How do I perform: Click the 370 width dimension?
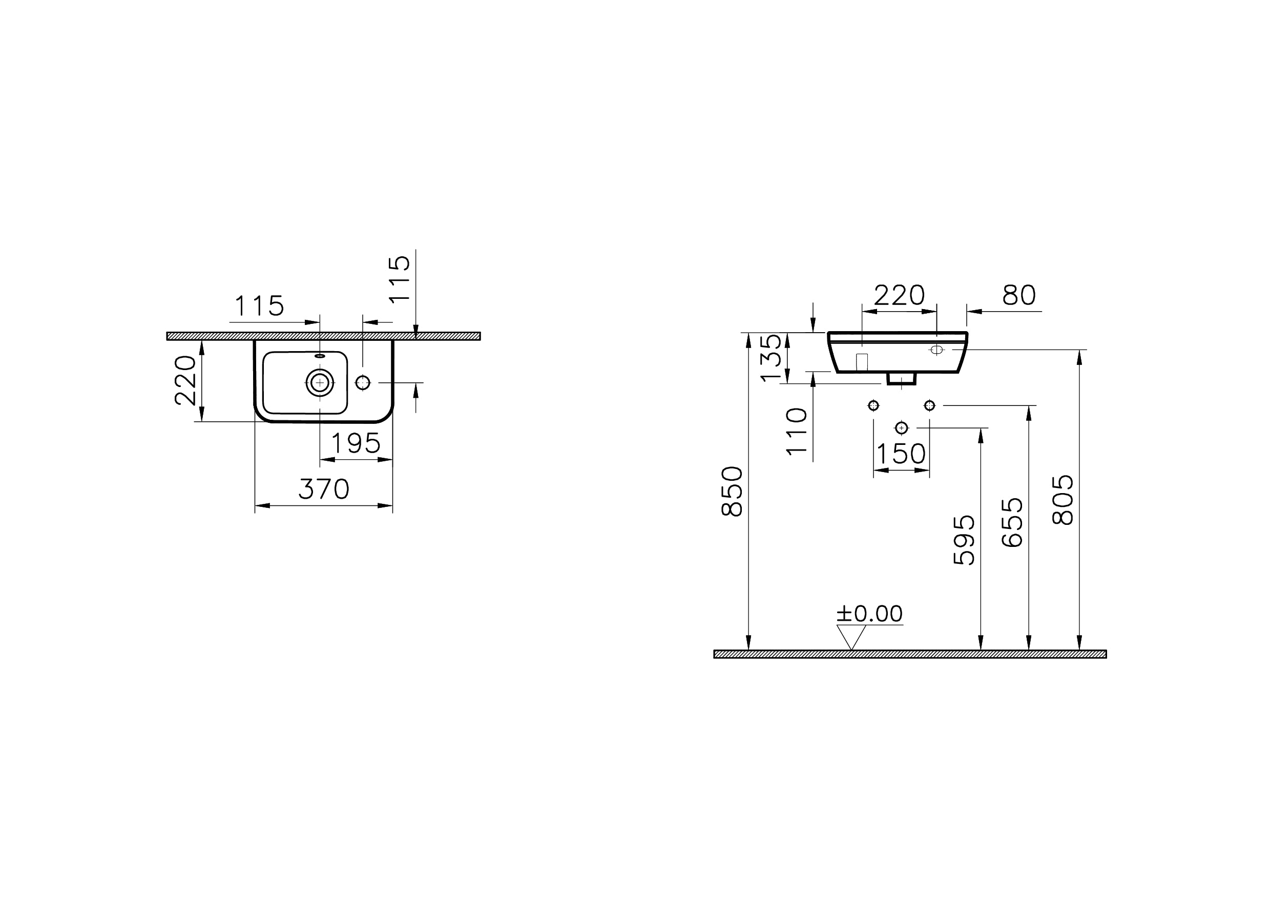pyautogui.click(x=324, y=489)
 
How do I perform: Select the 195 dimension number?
pyautogui.click(x=356, y=443)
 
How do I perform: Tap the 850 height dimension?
pyautogui.click(x=733, y=492)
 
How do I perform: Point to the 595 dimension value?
pyautogui.click(x=964, y=540)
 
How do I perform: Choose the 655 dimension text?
pyautogui.click(x=1012, y=523)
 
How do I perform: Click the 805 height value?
pyautogui.click(x=1063, y=500)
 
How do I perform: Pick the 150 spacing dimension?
pyautogui.click(x=901, y=454)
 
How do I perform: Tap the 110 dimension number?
pyautogui.click(x=797, y=432)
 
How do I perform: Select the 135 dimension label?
pyautogui.click(x=772, y=357)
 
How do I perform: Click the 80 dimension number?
pyautogui.click(x=1019, y=295)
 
